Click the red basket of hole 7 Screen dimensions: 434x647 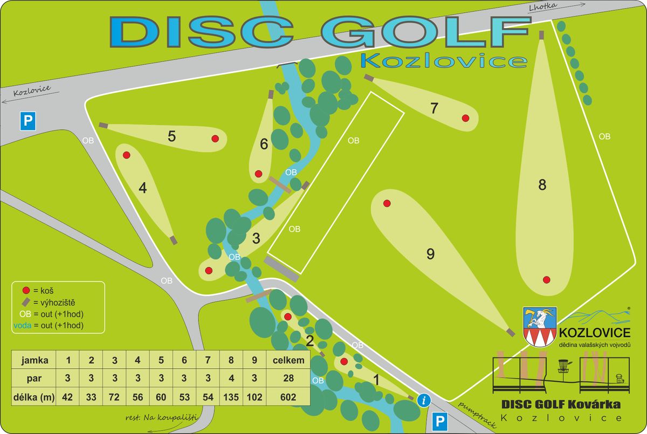tap(465, 118)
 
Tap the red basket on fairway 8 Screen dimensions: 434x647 tap(546, 279)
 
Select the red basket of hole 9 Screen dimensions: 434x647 tap(387, 203)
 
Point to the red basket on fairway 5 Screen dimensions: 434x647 tap(215, 139)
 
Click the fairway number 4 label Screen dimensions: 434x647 tap(142, 188)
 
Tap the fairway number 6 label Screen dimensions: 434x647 tap(264, 144)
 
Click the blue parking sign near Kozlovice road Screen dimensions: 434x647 tap(28, 121)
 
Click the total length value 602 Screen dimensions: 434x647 tap(288, 397)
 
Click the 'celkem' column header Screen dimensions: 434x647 tap(288, 360)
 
